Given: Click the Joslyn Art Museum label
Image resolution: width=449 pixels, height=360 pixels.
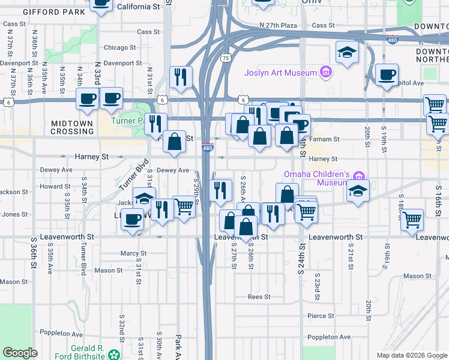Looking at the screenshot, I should tap(280, 73).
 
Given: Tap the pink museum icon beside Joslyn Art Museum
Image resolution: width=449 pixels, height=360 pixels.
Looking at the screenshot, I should tap(326, 73).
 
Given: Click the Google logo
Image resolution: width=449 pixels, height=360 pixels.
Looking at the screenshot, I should tap(20, 353).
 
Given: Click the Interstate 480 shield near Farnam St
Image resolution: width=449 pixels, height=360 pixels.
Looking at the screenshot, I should tap(207, 148).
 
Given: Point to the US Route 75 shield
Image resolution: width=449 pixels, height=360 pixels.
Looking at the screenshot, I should tap(225, 58).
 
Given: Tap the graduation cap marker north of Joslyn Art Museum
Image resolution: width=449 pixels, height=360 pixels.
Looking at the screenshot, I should tap(347, 53).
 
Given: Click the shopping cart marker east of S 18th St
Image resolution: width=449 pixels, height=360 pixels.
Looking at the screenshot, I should tap(412, 220).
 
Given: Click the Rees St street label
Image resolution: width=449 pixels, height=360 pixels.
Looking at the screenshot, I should tap(259, 297).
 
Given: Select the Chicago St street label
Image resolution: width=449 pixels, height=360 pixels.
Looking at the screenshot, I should tap(119, 47).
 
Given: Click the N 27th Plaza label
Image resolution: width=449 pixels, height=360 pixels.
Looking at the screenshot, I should tap(279, 25).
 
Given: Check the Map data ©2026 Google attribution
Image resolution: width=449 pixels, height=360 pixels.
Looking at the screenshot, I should tap(411, 355).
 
